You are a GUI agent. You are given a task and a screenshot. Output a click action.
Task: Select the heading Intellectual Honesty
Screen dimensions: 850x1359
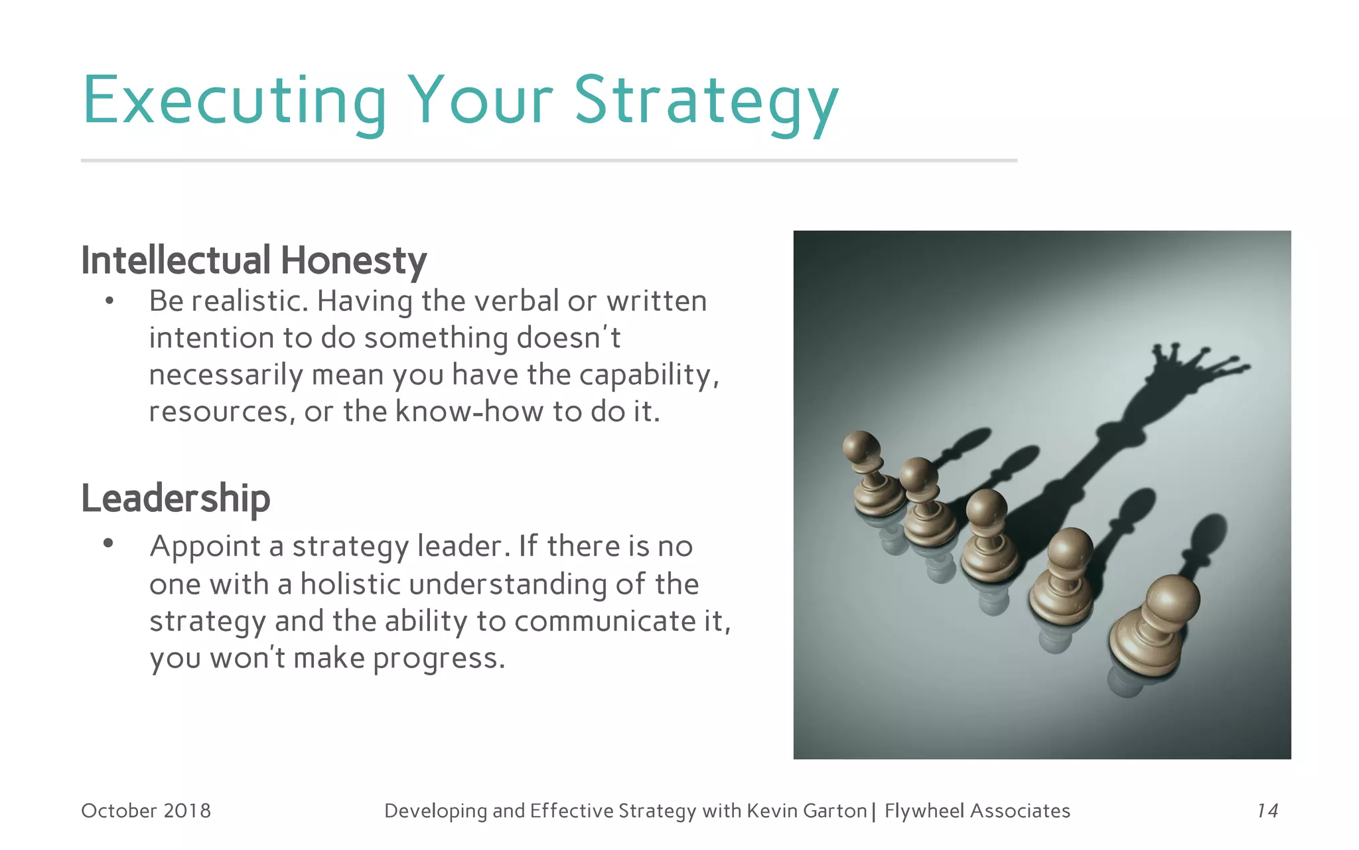[253, 260]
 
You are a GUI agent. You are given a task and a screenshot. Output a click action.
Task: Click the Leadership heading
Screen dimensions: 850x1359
[175, 499]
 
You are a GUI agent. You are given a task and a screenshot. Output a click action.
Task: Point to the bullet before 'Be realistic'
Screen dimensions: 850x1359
[109, 302]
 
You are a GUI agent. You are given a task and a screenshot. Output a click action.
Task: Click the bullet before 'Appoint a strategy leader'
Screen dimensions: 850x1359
[108, 544]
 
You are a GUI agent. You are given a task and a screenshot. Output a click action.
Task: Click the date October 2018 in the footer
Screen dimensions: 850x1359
[145, 811]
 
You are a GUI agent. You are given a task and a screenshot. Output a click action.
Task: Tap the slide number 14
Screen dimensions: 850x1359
[1267, 811]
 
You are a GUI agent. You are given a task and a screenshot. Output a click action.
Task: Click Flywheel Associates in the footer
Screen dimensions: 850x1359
[977, 811]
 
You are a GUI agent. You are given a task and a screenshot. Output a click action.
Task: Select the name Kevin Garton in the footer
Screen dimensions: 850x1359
[806, 811]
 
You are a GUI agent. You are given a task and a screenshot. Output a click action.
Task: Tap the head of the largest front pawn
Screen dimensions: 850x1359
[1172, 598]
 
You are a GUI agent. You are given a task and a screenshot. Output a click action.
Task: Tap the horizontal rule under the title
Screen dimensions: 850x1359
[549, 160]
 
